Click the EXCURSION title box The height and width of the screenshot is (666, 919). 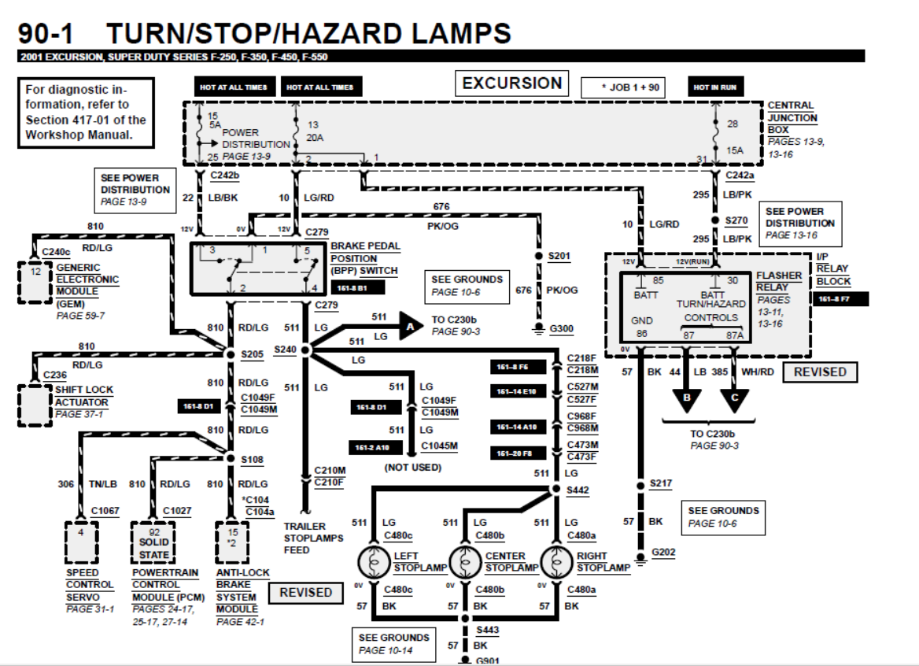pyautogui.click(x=511, y=83)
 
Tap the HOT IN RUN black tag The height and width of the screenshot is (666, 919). pyautogui.click(x=714, y=87)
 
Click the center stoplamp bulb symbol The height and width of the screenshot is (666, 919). pyautogui.click(x=465, y=562)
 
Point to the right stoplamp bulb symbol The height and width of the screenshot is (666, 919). pyautogui.click(x=557, y=562)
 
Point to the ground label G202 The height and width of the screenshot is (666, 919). pyautogui.click(x=663, y=553)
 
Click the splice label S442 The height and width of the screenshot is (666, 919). pyautogui.click(x=578, y=490)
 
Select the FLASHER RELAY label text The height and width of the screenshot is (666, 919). pyautogui.click(x=778, y=282)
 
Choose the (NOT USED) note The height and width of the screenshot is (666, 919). pyautogui.click(x=412, y=468)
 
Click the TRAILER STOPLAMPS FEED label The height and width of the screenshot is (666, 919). pyautogui.click(x=313, y=538)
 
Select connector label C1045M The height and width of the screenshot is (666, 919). pyautogui.click(x=439, y=446)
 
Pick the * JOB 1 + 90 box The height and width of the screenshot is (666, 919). pyautogui.click(x=623, y=87)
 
